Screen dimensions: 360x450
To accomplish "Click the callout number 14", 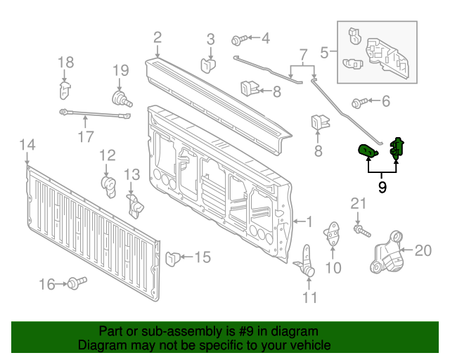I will point(27,146).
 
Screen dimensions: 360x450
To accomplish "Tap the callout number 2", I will point(157,37).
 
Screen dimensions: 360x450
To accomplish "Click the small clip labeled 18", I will point(65,90).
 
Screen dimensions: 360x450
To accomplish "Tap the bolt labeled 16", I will point(75,283).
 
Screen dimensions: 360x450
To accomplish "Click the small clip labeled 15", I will point(173,258).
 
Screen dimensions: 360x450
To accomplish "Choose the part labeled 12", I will point(109,185).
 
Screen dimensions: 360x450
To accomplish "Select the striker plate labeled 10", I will point(333,235).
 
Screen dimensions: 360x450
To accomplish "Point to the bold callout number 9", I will point(382,187).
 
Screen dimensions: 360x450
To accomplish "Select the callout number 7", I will point(304,54).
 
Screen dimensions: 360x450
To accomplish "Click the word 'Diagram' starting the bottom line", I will point(102,345).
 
